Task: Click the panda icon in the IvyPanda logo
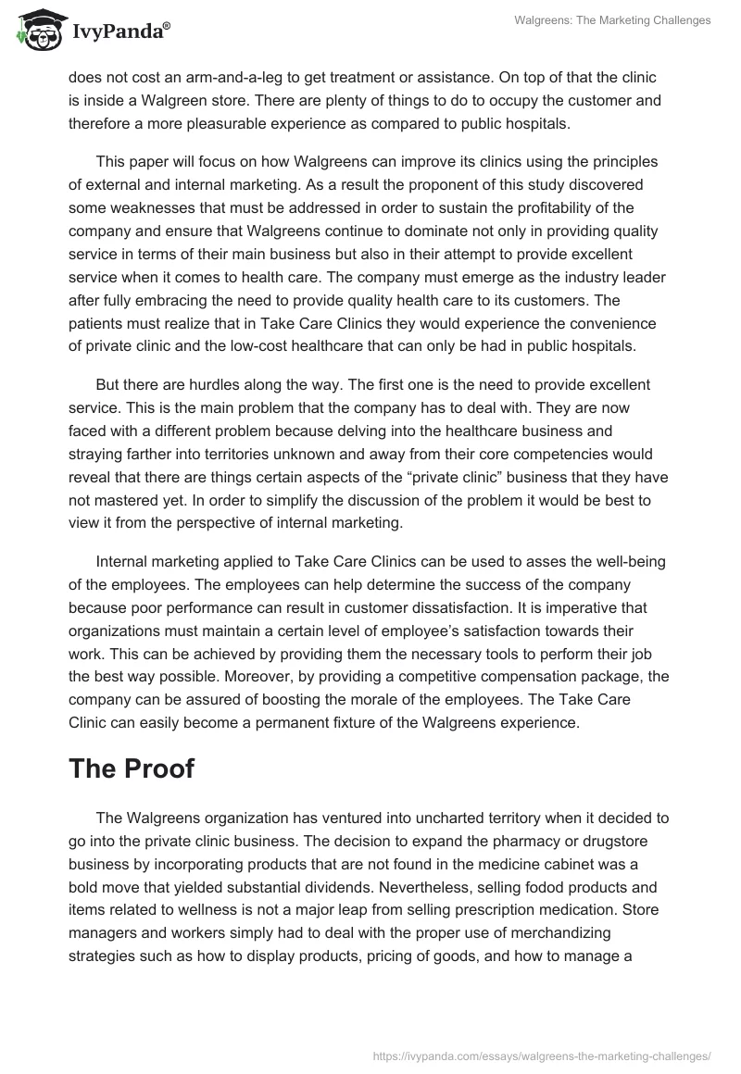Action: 35,28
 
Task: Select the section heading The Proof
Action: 131,769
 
